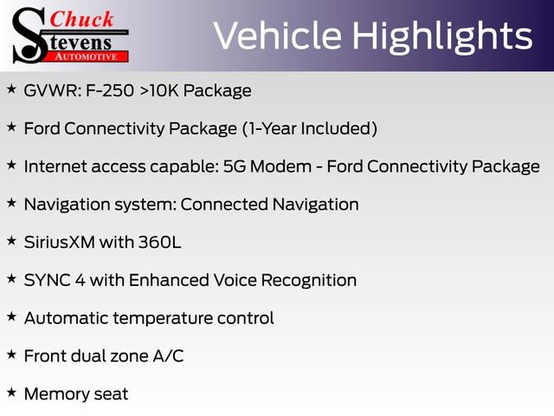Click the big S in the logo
[x=29, y=35]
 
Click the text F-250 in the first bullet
[x=104, y=90]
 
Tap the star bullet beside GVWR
[x=11, y=89]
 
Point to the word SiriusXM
[x=59, y=242]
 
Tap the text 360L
[x=159, y=242]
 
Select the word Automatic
[x=67, y=318]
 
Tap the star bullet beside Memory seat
[x=11, y=393]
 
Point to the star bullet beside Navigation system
[x=11, y=203]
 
